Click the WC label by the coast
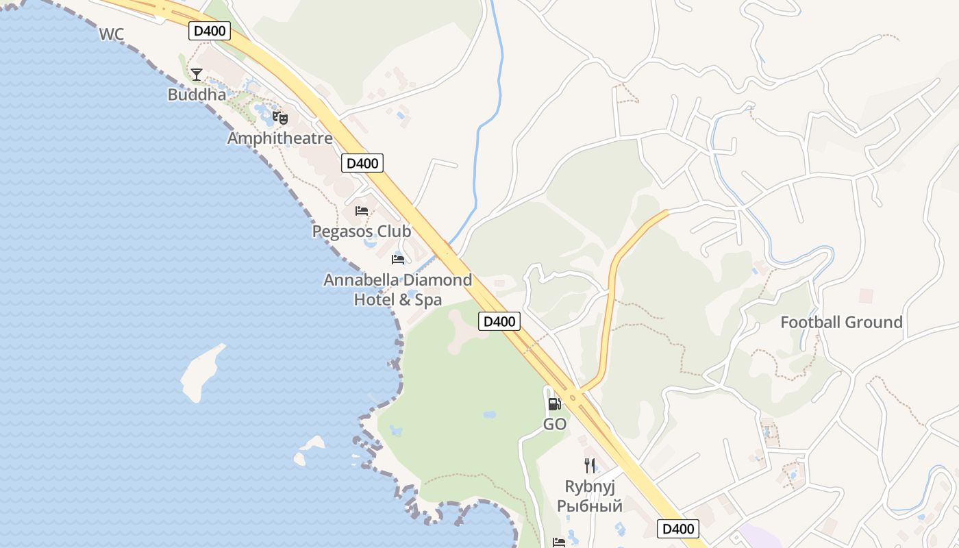pyautogui.click(x=111, y=34)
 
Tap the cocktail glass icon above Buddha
pyautogui.click(x=197, y=74)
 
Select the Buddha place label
pyautogui.click(x=197, y=95)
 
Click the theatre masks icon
pyautogui.click(x=279, y=118)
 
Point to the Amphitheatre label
pyautogui.click(x=279, y=138)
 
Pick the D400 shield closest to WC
pyautogui.click(x=210, y=31)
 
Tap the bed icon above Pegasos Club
pyautogui.click(x=362, y=211)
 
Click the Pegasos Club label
pyautogui.click(x=362, y=232)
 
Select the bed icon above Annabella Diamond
pyautogui.click(x=398, y=259)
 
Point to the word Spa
pyautogui.click(x=429, y=299)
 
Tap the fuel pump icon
pyautogui.click(x=554, y=403)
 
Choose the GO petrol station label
pyautogui.click(x=555, y=425)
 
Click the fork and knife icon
pyautogui.click(x=590, y=466)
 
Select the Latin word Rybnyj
pyautogui.click(x=590, y=486)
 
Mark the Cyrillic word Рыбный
pyautogui.click(x=590, y=506)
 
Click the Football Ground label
pyautogui.click(x=841, y=322)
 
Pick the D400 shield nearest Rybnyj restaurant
pyautogui.click(x=678, y=529)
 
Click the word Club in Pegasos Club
pyautogui.click(x=393, y=232)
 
